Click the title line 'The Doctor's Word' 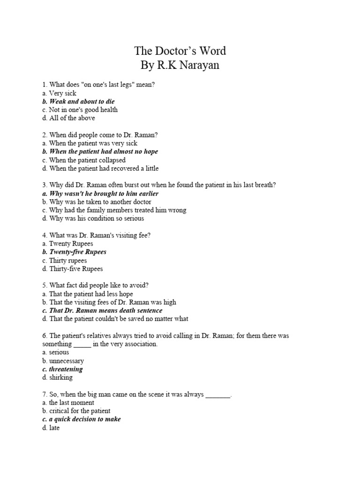click(180, 51)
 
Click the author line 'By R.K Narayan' click(180, 65)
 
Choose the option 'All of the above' click(68, 118)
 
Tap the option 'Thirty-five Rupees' click(72, 269)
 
